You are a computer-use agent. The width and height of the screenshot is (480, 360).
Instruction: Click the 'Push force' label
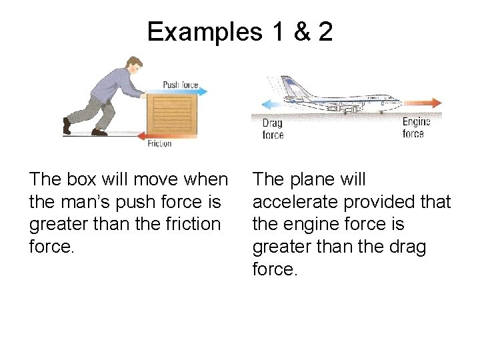tap(180, 85)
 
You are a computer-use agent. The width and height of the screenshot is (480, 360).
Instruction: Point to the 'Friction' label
tap(159, 143)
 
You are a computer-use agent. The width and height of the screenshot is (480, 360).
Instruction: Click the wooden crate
tap(172, 113)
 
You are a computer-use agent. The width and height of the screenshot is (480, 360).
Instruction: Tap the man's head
tap(134, 64)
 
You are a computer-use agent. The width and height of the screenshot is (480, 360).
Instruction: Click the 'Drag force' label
tap(273, 129)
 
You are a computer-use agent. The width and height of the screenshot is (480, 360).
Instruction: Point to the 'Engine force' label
tap(416, 127)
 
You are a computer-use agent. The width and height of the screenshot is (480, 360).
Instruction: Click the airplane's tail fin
tap(292, 87)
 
